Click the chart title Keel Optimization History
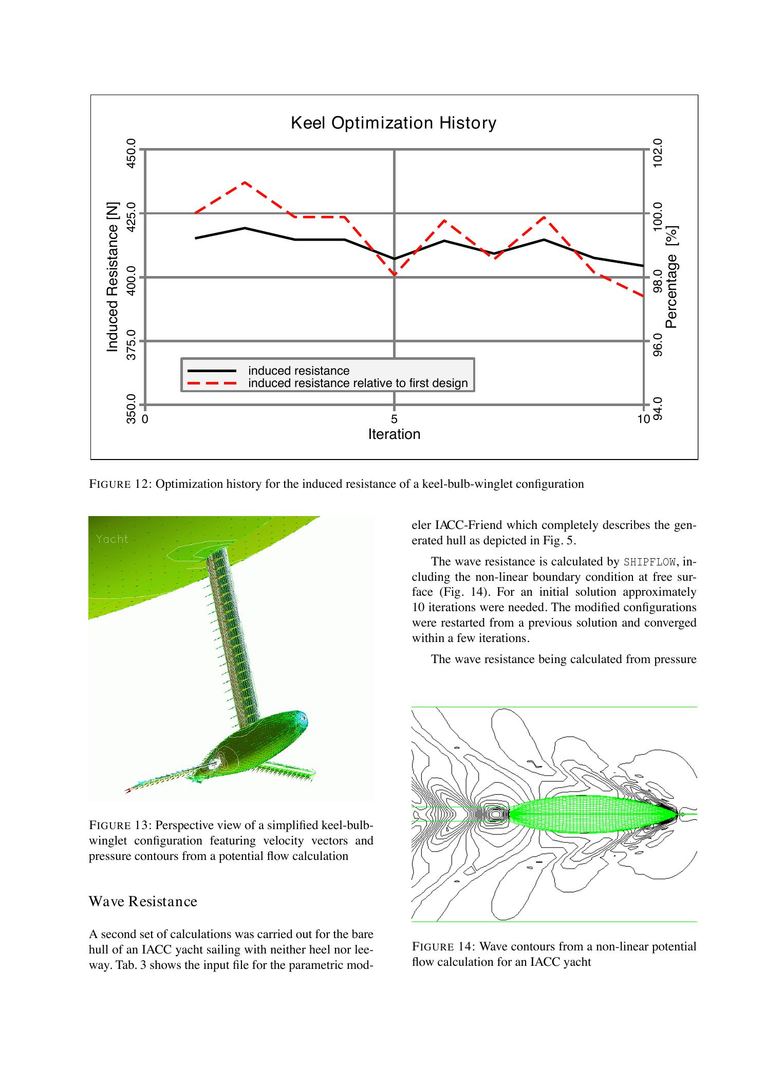[393, 123]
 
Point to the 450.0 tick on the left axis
[131, 153]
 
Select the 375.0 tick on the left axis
[131, 345]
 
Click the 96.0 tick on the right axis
[658, 345]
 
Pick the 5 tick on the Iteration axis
[394, 418]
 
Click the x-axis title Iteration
[394, 434]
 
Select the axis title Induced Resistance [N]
[112, 277]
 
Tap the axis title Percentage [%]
[671, 277]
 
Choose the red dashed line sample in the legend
[212, 383]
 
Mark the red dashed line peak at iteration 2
[245, 182]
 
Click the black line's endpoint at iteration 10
[643, 266]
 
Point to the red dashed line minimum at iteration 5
[394, 275]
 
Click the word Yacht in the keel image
[111, 539]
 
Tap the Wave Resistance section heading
[143, 902]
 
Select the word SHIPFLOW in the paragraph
[649, 561]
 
